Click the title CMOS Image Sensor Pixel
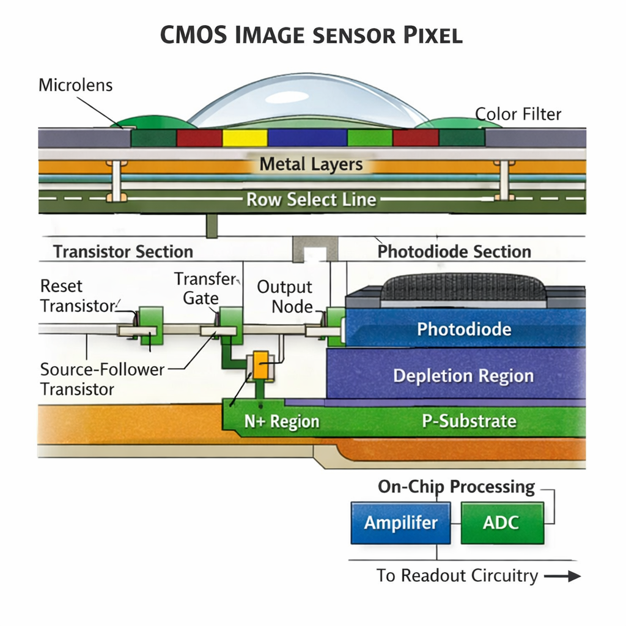pyautogui.click(x=311, y=35)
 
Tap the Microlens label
pyautogui.click(x=75, y=85)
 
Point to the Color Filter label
pyautogui.click(x=518, y=114)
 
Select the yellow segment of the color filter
pyautogui.click(x=245, y=138)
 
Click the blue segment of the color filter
pyautogui.click(x=307, y=138)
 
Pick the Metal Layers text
pyautogui.click(x=311, y=164)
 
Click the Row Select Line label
pyautogui.click(x=311, y=199)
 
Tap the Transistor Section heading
pyautogui.click(x=123, y=252)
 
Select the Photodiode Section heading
pyautogui.click(x=454, y=252)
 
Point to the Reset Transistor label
pyautogui.click(x=77, y=296)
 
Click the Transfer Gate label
pyautogui.click(x=204, y=289)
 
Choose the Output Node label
pyautogui.click(x=284, y=296)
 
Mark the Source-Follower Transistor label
pyautogui.click(x=101, y=379)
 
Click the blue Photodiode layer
pyautogui.click(x=463, y=330)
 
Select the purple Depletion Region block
pyautogui.click(x=463, y=375)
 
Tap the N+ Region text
pyautogui.click(x=281, y=422)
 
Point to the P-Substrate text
pyautogui.click(x=469, y=421)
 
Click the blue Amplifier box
pyautogui.click(x=400, y=523)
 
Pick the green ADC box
pyautogui.click(x=501, y=523)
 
